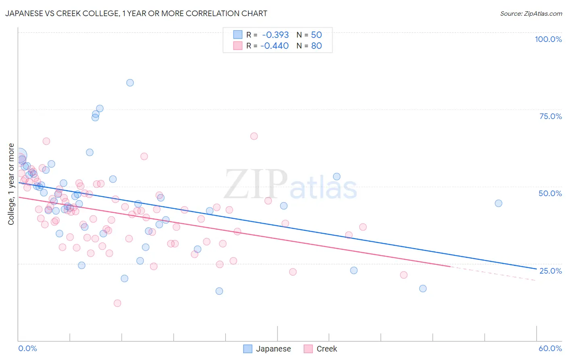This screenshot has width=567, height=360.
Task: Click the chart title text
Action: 136,13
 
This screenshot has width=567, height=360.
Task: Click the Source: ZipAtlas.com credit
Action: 531,13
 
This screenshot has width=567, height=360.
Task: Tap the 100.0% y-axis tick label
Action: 548,39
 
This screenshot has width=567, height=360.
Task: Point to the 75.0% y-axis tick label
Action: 550,116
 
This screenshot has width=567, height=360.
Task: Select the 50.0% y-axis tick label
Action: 550,193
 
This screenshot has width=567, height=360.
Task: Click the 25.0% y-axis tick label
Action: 550,270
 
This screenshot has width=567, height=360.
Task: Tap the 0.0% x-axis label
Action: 27,348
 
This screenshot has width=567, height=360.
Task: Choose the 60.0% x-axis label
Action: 550,348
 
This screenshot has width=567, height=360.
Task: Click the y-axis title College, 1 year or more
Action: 11,184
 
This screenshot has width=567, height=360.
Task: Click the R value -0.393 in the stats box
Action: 275,35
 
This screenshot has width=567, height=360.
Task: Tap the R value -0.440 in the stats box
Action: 275,46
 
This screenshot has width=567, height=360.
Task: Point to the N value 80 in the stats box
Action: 317,46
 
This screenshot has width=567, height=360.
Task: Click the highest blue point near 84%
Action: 130,83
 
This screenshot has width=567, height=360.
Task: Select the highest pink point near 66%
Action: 254,136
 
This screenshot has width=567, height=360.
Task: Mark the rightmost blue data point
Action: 498,203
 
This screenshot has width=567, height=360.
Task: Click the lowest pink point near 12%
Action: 117,303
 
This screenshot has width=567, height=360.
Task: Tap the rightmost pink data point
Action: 404,275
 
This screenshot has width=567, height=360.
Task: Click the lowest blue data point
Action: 219,291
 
